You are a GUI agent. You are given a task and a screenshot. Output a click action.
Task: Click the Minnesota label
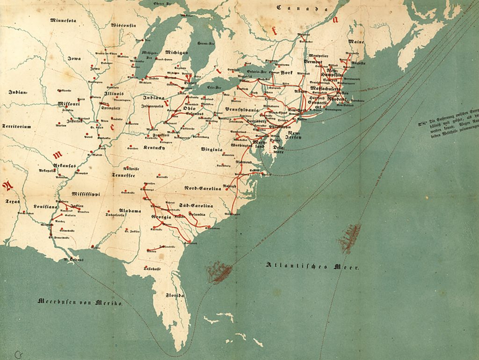point(63,20)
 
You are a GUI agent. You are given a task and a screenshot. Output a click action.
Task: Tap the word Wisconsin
point(123,25)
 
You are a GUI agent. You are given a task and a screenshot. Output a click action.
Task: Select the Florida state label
point(175,296)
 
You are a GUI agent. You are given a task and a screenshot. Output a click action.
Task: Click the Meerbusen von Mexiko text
point(80,302)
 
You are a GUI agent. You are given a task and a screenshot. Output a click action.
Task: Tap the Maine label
point(356,42)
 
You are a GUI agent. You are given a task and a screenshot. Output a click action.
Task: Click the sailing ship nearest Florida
point(220,272)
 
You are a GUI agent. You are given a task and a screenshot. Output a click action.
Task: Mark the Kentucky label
point(155,148)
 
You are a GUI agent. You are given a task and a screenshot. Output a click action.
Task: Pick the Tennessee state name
point(123,175)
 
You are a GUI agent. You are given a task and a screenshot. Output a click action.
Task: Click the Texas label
point(12,202)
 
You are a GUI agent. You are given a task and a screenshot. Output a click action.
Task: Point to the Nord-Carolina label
point(202,188)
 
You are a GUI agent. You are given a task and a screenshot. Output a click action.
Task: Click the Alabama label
point(130,211)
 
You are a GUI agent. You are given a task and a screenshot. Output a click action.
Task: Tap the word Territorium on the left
point(16,126)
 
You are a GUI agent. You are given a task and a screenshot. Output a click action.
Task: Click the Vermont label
point(313,61)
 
